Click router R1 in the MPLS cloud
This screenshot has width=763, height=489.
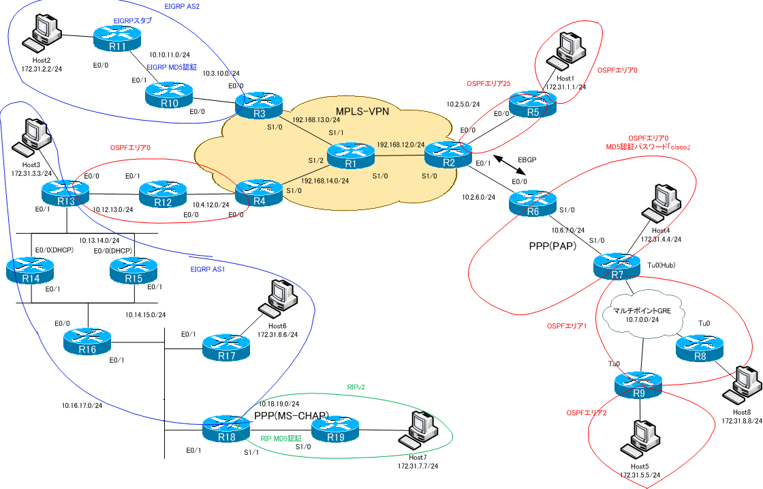(351, 157)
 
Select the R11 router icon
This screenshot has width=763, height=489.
(116, 40)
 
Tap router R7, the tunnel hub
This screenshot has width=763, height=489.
(617, 267)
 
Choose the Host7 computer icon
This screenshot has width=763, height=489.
(416, 429)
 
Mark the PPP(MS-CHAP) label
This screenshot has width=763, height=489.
(292, 416)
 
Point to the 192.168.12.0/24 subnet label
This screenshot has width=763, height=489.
(401, 145)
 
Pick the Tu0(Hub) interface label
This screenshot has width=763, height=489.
(661, 265)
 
